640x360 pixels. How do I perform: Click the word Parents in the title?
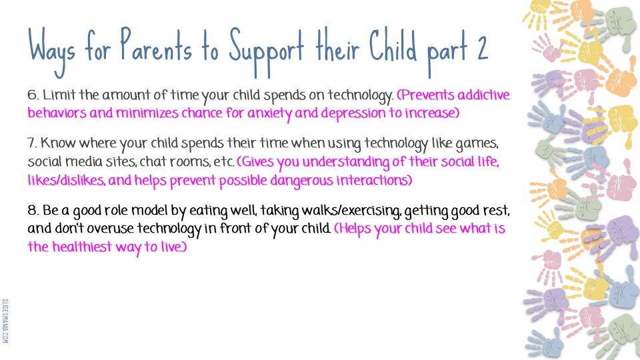point(156,45)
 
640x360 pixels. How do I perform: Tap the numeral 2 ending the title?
point(482,48)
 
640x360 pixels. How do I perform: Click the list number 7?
point(32,143)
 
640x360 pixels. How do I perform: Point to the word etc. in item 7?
point(224,162)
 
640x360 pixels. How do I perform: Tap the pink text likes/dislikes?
point(66,180)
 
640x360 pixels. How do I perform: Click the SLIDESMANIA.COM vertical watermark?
point(5,321)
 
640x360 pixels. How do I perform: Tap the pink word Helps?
point(352,229)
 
